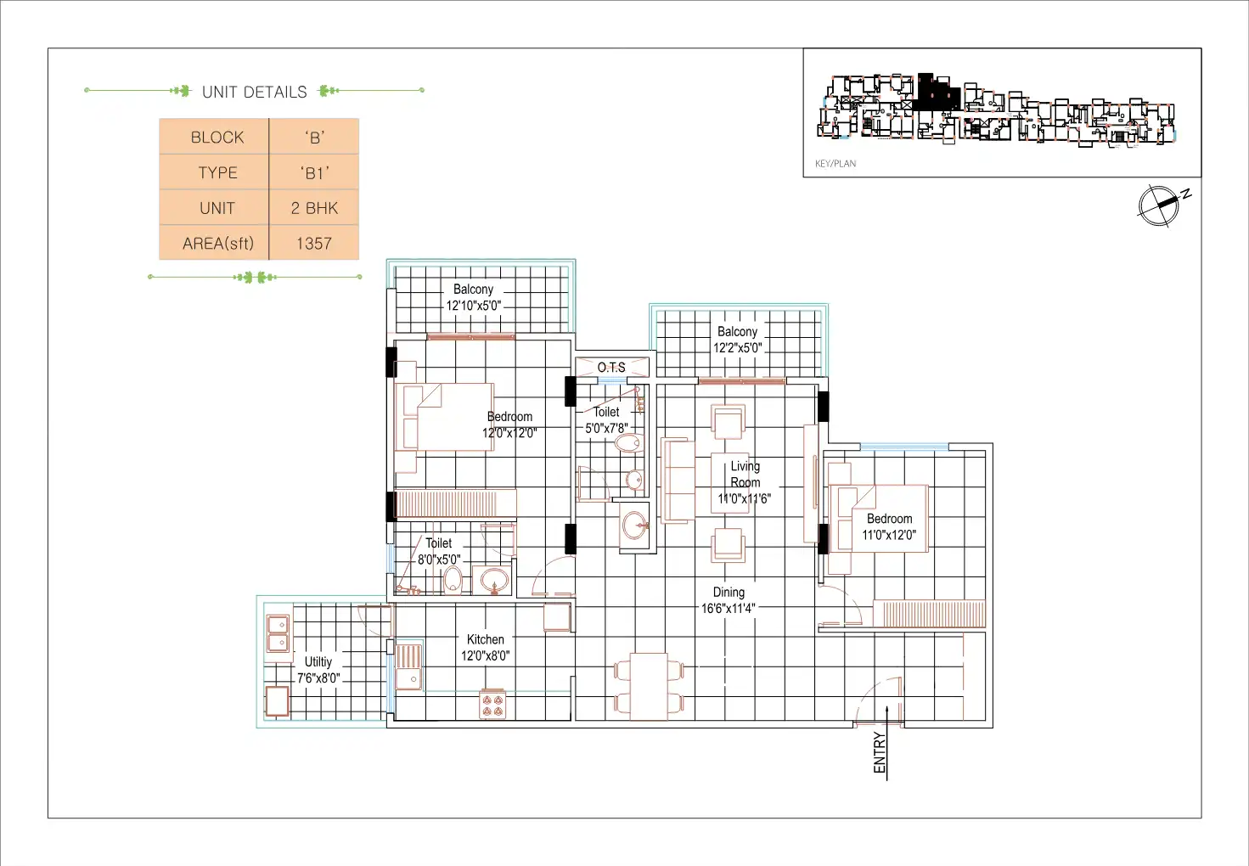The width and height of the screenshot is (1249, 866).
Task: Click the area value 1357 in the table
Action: tap(314, 243)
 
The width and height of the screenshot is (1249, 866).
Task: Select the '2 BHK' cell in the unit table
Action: tap(314, 208)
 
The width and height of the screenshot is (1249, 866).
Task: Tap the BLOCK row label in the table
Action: tap(217, 138)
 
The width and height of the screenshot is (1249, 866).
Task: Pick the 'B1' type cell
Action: tap(314, 173)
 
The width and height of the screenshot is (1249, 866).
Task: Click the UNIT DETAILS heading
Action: tap(254, 92)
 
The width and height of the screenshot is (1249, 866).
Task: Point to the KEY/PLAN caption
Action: tap(835, 163)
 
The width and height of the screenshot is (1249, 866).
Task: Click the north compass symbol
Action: tap(1162, 205)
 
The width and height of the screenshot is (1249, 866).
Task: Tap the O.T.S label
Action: tap(611, 368)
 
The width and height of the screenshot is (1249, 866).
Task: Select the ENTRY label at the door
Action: tap(880, 753)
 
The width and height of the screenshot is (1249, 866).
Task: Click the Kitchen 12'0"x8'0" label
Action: tap(485, 648)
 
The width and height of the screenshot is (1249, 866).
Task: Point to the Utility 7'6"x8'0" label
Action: tap(318, 670)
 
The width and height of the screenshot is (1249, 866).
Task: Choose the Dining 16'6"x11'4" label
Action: tap(729, 600)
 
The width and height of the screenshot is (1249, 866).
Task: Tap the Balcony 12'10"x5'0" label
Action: tap(474, 297)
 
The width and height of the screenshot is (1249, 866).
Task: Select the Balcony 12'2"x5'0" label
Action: tap(737, 340)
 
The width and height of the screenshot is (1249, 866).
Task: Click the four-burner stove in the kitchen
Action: tap(492, 705)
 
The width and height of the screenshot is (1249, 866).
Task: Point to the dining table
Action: tap(649, 687)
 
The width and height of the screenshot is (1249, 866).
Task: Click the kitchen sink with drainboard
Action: tap(408, 667)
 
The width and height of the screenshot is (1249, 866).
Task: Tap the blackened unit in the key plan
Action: tap(937, 91)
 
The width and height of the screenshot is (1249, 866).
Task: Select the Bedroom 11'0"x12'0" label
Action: tap(889, 527)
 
